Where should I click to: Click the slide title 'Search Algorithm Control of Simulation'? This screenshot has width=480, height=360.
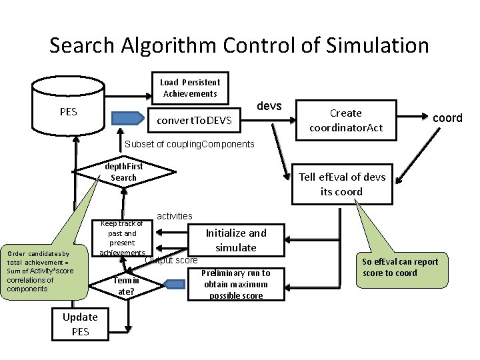coord(239,45)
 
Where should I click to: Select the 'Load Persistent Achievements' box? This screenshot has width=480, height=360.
coord(190,88)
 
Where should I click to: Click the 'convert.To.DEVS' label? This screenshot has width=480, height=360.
coord(194,121)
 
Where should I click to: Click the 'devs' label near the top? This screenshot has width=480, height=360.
coord(269,107)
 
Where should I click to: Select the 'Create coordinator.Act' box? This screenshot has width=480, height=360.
coord(346,120)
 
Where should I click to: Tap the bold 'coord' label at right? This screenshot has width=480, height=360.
coord(447,118)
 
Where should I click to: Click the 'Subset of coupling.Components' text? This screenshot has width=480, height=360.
coord(190,145)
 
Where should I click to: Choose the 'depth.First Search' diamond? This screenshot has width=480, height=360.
coord(124,172)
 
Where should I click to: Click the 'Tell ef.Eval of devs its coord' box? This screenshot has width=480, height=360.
coord(341,184)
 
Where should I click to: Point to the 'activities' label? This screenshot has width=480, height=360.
coord(175,216)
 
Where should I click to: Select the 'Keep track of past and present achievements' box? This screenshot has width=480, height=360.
coord(122,239)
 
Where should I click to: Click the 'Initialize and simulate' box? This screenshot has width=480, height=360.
coord(235,240)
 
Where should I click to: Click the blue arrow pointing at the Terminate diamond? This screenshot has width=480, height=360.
coord(175,285)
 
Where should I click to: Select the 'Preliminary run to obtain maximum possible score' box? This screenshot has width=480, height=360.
coord(238,285)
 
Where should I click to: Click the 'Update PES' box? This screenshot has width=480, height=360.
coord(80,324)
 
